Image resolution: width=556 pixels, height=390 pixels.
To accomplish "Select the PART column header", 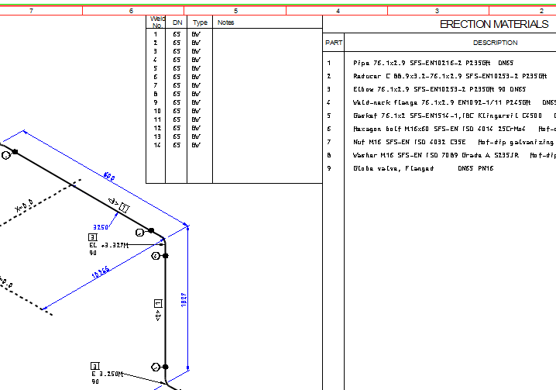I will pyautogui.click(x=334, y=43).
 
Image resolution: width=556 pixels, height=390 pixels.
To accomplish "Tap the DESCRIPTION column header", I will pyautogui.click(x=495, y=43).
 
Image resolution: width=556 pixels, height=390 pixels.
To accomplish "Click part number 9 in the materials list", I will pyautogui.click(x=329, y=168).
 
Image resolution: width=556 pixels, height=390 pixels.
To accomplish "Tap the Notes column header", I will pyautogui.click(x=225, y=22).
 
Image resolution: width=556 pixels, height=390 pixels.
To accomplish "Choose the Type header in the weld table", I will pyautogui.click(x=200, y=22).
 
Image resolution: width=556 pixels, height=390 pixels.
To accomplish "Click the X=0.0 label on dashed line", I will pyautogui.click(x=24, y=206).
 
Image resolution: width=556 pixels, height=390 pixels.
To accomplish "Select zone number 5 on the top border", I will pyautogui.click(x=235, y=11).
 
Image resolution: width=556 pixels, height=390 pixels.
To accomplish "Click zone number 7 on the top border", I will pyautogui.click(x=31, y=11).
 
